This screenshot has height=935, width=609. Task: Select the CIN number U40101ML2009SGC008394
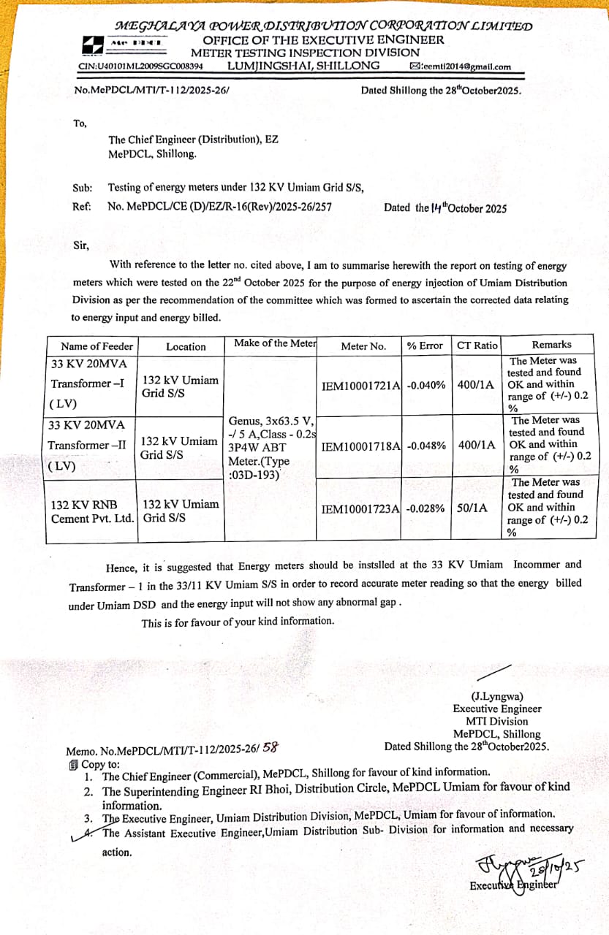141,66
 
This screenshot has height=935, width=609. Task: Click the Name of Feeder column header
97,346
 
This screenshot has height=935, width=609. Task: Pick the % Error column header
425,346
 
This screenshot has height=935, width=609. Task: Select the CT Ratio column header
477,345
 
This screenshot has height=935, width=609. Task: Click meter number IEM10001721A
361,385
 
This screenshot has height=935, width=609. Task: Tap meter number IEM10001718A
360,446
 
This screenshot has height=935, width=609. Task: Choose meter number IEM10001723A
360,508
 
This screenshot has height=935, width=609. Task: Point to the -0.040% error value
426,385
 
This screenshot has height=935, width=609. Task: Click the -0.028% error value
425,508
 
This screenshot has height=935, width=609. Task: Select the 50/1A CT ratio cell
472,508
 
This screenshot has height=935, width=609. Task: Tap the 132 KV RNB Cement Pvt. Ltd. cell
92,511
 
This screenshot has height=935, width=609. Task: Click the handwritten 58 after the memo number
270,747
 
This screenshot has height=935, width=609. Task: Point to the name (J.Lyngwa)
497,696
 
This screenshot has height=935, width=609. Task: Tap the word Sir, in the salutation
81,245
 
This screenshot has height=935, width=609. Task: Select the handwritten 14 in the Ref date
437,207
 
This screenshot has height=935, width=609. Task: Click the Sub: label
83,188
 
